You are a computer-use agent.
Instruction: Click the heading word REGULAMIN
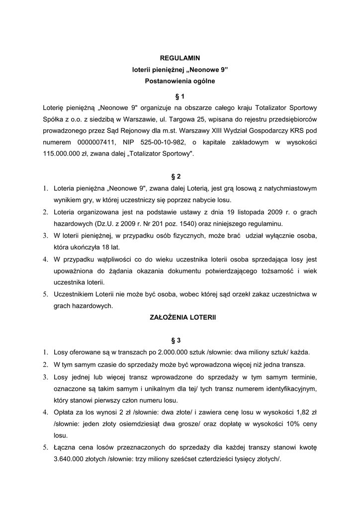click(x=180, y=58)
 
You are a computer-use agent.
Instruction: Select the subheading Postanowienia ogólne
click(x=180, y=81)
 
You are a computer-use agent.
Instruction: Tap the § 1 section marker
click(x=180, y=96)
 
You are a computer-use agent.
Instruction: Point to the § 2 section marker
click(x=180, y=176)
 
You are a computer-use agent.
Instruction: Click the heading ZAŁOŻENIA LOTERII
click(x=180, y=317)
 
